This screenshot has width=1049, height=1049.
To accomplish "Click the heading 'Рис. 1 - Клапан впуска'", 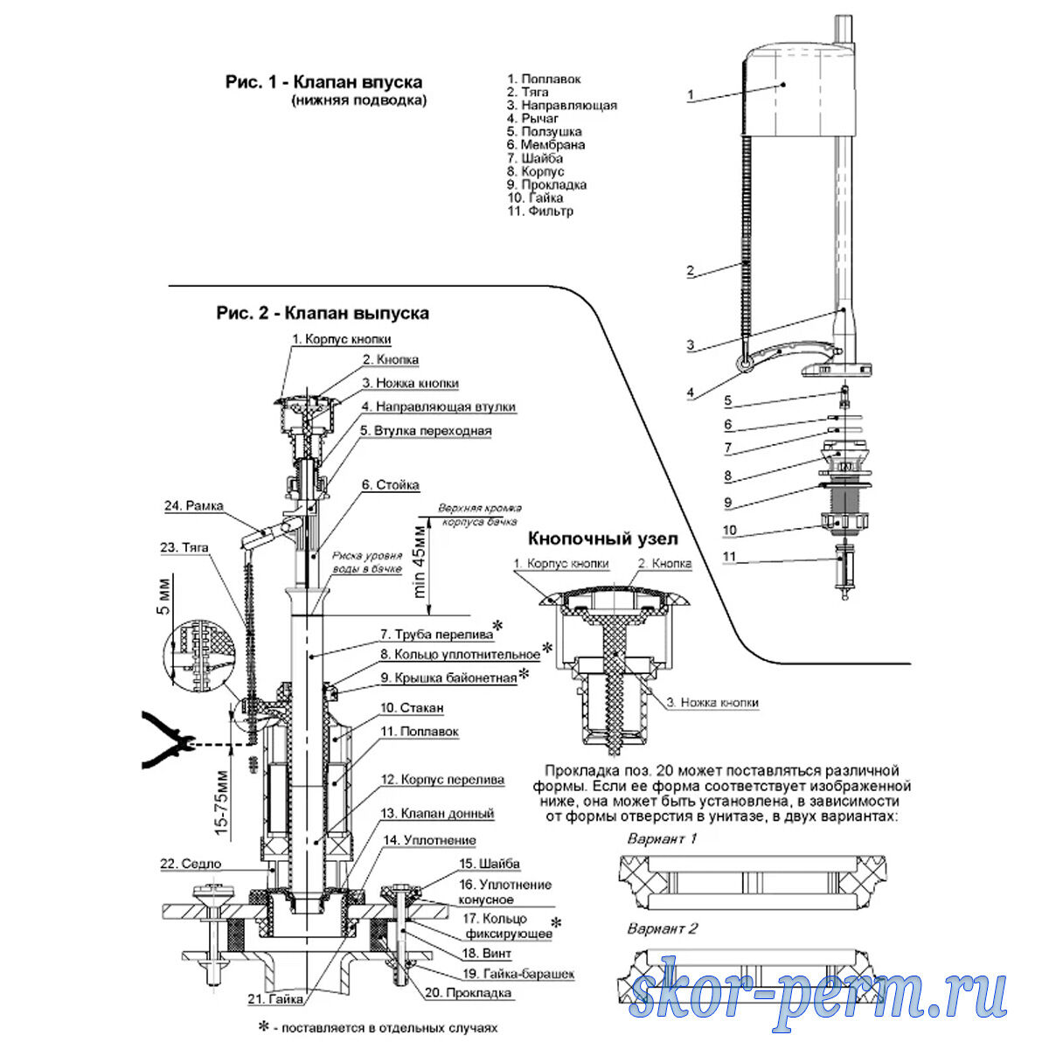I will pos(323,82).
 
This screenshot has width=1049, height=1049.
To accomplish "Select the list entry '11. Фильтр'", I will pos(540,212).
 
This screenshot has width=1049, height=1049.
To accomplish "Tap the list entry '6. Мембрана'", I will pos(545,145).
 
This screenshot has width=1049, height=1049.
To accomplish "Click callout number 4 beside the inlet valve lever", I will pos(691,393).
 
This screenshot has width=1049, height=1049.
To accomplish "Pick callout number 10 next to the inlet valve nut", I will pos(730,531).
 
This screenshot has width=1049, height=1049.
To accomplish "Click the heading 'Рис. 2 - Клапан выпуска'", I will pos(323,312).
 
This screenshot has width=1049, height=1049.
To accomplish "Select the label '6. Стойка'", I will pos(391,485).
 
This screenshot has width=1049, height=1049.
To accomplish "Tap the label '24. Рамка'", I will pos(193,505).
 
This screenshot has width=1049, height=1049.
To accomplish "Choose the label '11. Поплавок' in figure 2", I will pos(419,732).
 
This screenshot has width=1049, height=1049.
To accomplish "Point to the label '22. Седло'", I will pos(190,864).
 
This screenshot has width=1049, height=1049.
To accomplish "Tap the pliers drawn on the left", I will pos(166,741).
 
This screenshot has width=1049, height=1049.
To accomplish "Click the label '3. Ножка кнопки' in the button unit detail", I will pos(712,702).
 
